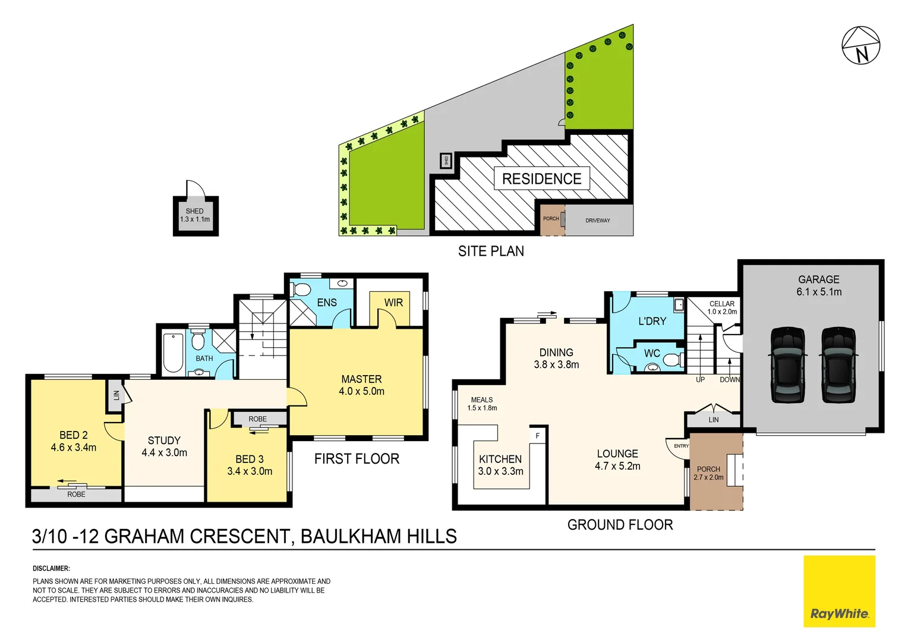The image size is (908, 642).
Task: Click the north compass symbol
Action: (860, 45)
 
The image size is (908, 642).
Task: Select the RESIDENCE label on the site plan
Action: (541, 179)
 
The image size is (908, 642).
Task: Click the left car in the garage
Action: (787, 364)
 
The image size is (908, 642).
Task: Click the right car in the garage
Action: (838, 364)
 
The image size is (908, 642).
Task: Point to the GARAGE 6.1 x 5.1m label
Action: (819, 286)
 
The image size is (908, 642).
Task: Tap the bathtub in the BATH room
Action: (173, 353)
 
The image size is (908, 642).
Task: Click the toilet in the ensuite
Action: (302, 290)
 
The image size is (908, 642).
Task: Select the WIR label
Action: (393, 303)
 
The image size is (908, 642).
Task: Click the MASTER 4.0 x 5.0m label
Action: (361, 385)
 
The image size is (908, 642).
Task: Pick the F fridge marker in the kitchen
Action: (538, 436)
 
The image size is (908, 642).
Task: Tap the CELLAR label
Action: (722, 304)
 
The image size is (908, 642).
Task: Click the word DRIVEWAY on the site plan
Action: (597, 221)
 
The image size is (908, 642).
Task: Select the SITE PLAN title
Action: (491, 251)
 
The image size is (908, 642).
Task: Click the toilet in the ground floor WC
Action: (671, 360)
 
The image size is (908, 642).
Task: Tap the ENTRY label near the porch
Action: (681, 446)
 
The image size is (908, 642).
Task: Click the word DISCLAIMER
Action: (52, 568)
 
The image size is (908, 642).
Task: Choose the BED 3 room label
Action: (250, 465)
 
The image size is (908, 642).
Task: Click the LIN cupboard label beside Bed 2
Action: (116, 395)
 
